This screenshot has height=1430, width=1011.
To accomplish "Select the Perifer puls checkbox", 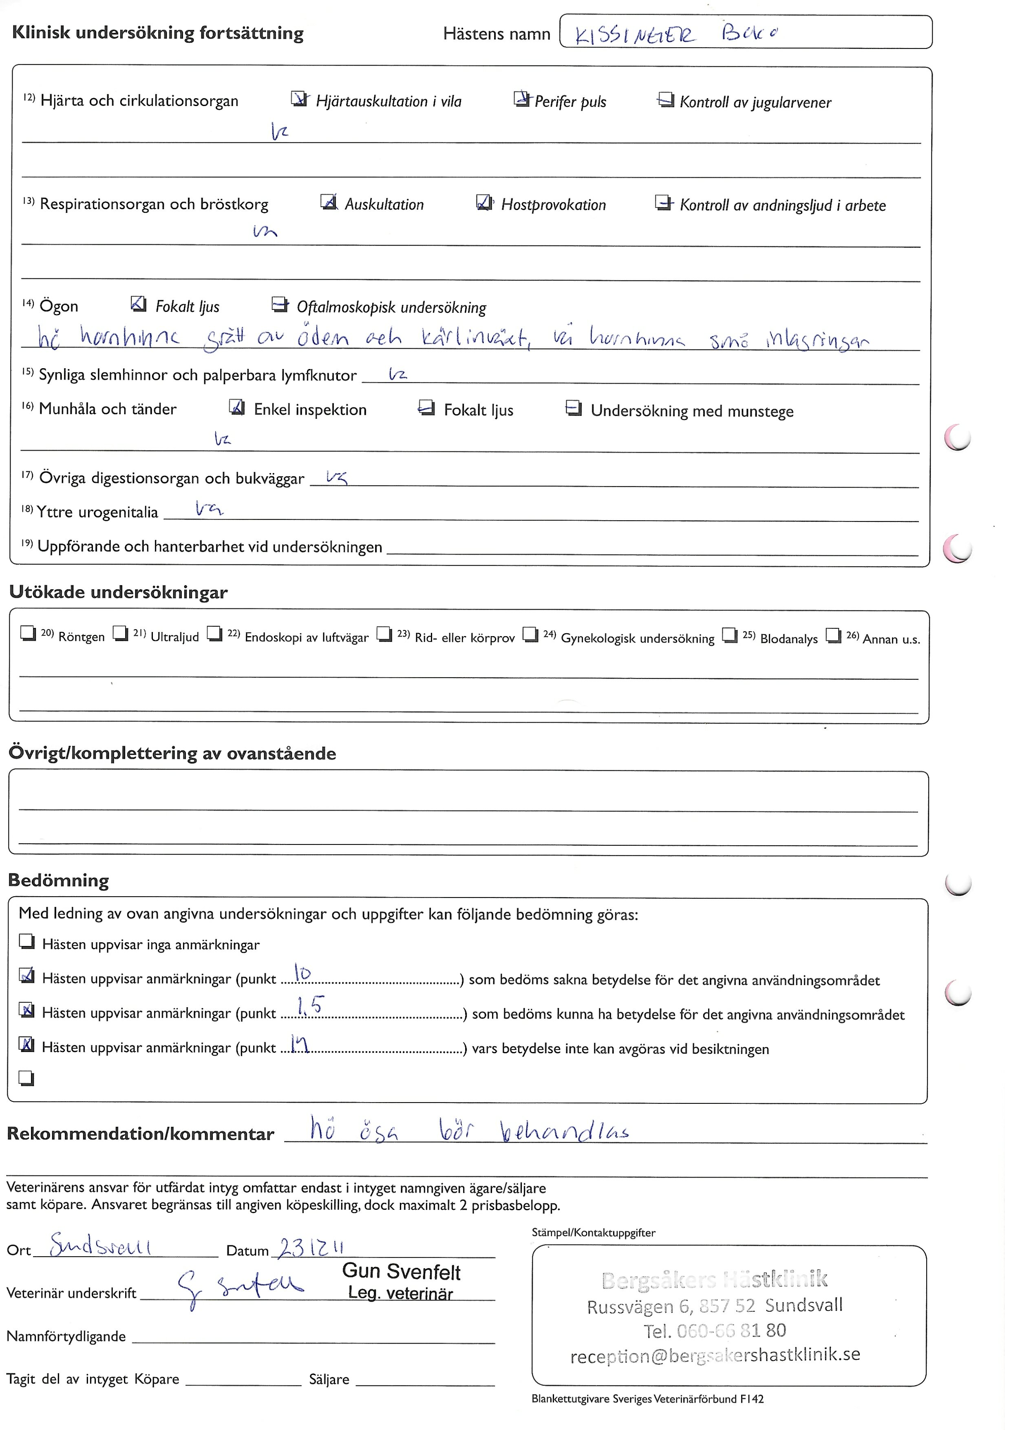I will [521, 98].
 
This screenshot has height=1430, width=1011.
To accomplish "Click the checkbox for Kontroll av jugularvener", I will [665, 99].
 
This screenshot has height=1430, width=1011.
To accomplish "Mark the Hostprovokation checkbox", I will [483, 202].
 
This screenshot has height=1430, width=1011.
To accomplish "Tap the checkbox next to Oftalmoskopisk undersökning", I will [280, 304].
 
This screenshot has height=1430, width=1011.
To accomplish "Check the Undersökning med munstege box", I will [573, 408].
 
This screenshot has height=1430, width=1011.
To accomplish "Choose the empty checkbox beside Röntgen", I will [28, 633].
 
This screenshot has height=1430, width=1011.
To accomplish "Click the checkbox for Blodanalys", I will [729, 634].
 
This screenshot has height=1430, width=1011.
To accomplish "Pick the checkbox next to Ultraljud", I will [120, 633].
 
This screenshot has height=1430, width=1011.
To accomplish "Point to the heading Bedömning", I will [59, 881].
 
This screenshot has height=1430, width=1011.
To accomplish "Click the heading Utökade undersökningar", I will [118, 592].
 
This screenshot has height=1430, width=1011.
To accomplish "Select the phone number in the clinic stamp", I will [714, 1331].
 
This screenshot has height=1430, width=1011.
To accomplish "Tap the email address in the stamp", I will [715, 1355].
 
